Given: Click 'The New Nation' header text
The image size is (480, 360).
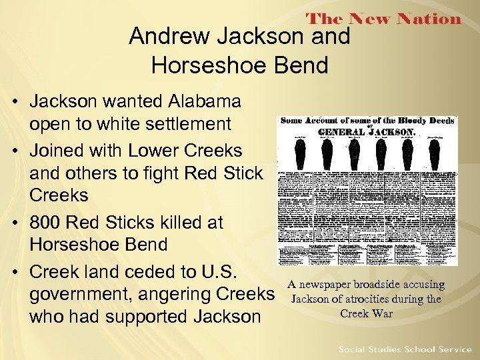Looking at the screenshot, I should [x=383, y=19].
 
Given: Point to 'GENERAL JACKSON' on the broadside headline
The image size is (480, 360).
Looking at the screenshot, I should [x=365, y=132].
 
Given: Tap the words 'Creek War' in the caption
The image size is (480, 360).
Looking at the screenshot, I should [x=366, y=313].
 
